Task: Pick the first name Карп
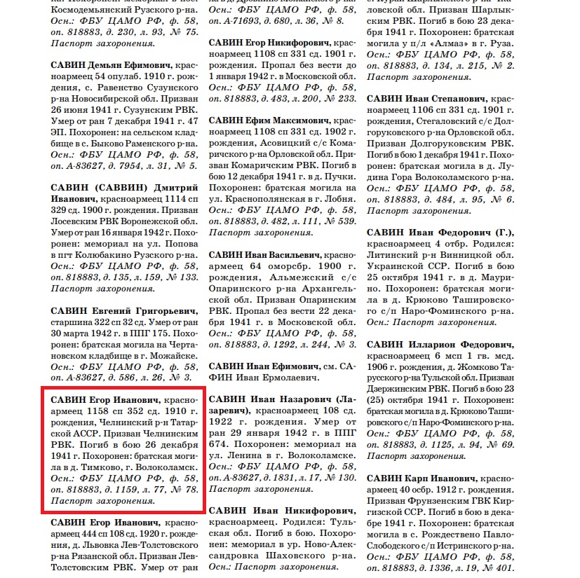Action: pos(421,479)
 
